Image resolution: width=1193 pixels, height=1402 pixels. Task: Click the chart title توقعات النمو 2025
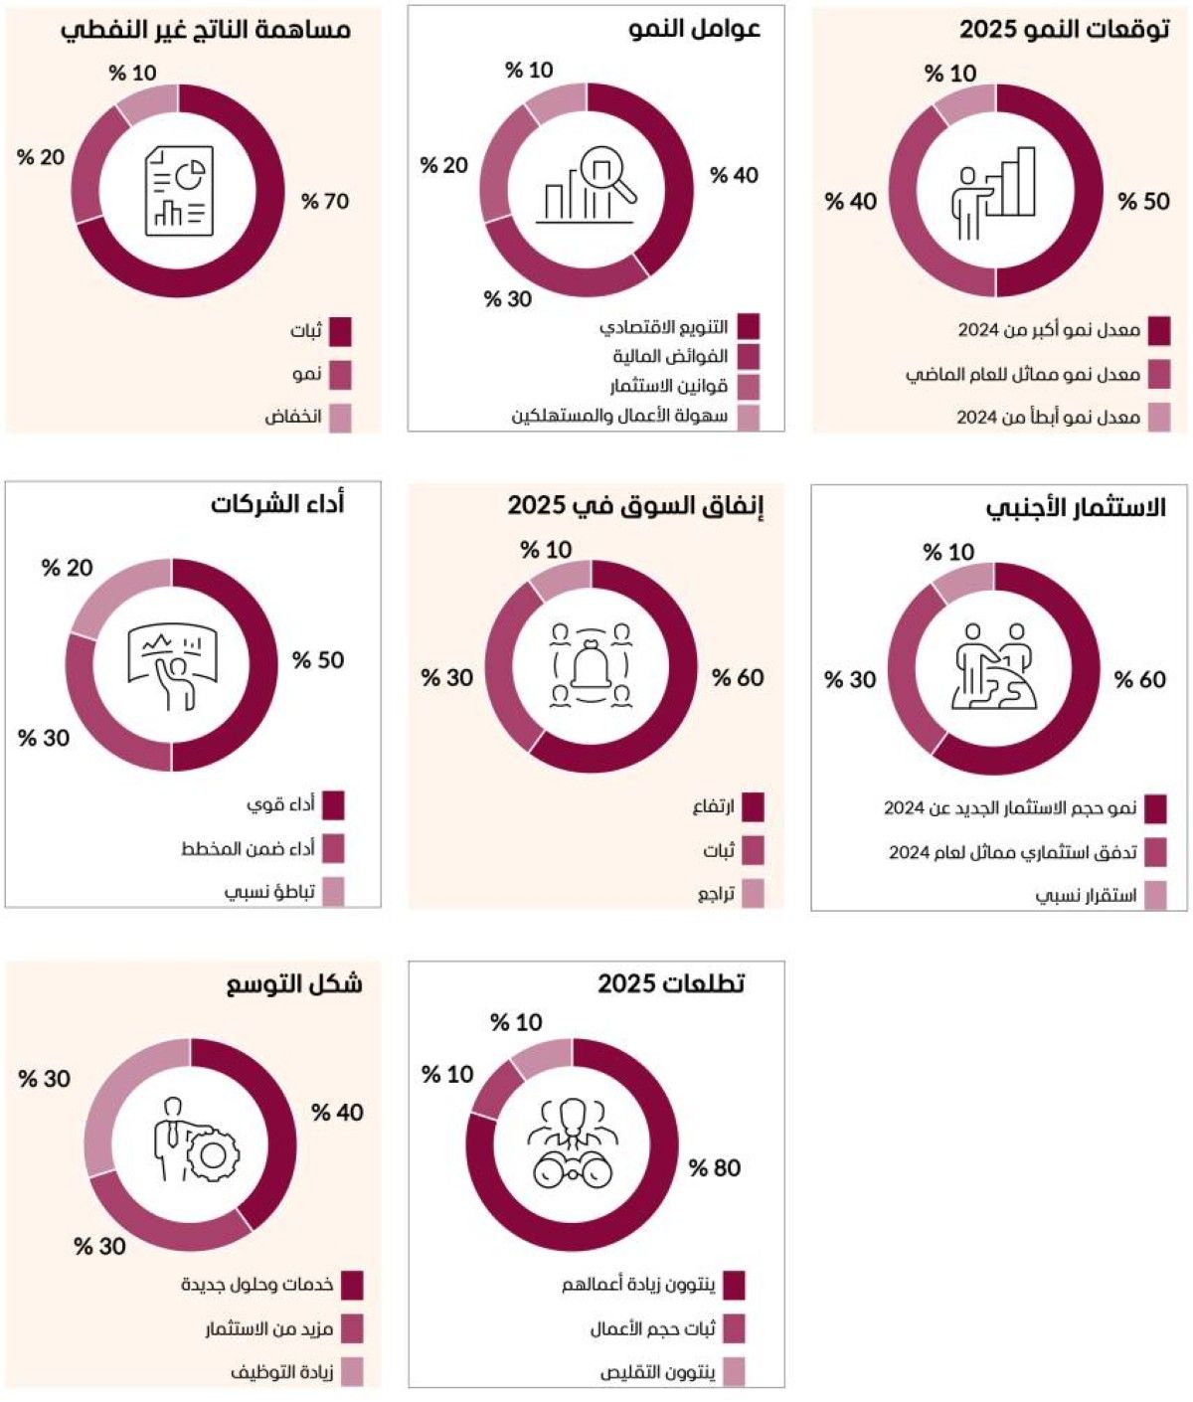click(1064, 29)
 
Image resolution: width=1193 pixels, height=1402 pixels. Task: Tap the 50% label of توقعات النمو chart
click(1143, 201)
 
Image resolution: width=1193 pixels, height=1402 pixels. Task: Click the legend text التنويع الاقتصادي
click(664, 327)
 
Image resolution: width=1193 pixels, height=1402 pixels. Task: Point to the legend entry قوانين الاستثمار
click(668, 386)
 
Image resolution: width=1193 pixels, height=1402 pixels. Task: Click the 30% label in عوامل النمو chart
click(508, 298)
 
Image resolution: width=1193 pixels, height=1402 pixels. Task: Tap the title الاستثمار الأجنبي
click(1076, 507)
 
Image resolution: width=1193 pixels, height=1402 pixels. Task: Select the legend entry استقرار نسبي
click(1087, 895)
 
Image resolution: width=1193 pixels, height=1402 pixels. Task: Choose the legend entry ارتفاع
click(714, 806)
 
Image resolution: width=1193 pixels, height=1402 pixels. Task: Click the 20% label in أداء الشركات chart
click(68, 568)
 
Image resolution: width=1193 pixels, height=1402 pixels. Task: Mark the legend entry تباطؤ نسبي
click(269, 891)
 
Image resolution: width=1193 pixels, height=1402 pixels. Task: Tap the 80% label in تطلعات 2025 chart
click(715, 1167)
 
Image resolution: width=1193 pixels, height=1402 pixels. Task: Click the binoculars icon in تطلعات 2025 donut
click(573, 1170)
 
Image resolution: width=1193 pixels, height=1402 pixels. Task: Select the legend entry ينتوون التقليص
click(657, 1372)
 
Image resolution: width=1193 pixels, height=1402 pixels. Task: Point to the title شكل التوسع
click(294, 984)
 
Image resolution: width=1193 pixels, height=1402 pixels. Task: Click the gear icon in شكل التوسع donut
click(213, 1155)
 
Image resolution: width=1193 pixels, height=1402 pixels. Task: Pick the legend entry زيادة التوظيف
click(282, 1372)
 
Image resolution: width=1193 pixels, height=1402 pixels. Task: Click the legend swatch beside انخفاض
click(339, 418)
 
